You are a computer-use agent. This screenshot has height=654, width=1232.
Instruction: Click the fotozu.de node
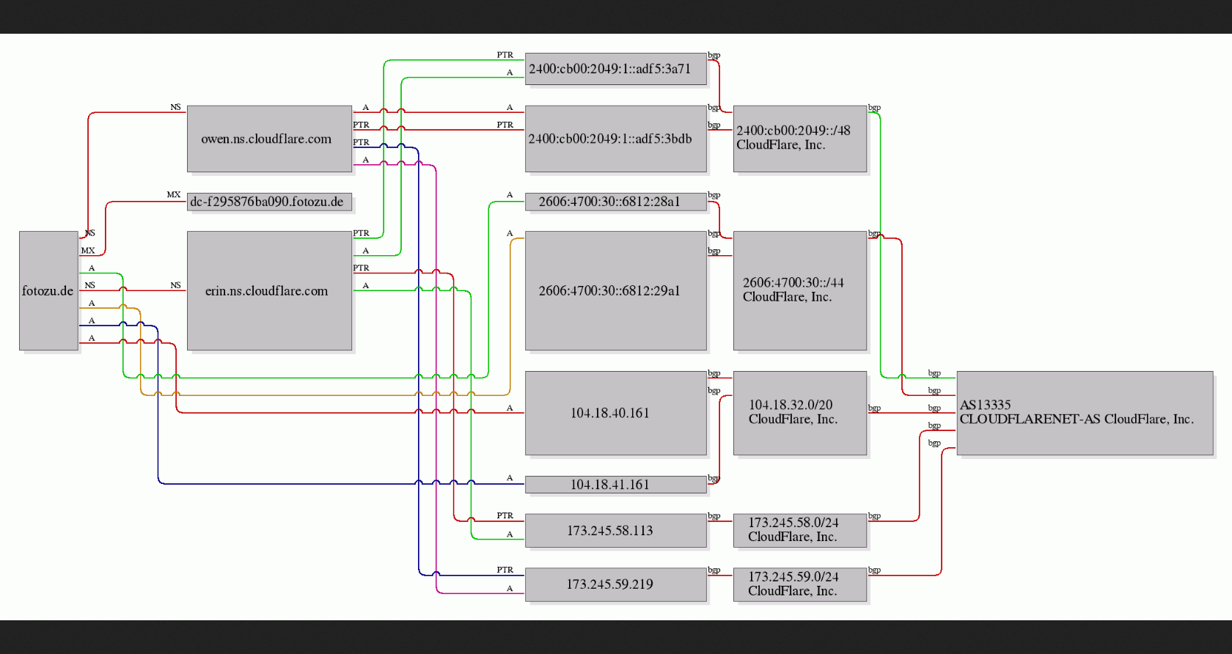pos(48,290)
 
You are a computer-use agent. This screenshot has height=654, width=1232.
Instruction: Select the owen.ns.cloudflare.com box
pos(270,139)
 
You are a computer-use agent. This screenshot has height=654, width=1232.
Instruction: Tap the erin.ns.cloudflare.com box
pos(270,290)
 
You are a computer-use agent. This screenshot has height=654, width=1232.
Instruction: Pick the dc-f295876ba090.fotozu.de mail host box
pos(270,202)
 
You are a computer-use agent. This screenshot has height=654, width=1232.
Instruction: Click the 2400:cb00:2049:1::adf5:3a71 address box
pos(616,69)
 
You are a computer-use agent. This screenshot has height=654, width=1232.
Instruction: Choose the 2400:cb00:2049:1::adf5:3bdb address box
pos(616,139)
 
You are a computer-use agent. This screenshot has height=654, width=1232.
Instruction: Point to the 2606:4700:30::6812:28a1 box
pos(616,202)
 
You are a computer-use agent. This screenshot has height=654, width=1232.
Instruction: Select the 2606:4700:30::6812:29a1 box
pos(616,290)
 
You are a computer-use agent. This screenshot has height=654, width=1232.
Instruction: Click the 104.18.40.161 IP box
pos(616,413)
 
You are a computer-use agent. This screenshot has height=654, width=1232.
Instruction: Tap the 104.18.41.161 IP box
pos(616,485)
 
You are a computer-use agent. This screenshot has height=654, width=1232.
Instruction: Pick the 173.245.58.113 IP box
pos(616,530)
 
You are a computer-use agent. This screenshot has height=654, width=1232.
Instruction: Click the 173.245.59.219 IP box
pos(616,584)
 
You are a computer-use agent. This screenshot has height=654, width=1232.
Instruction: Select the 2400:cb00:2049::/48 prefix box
pos(799,139)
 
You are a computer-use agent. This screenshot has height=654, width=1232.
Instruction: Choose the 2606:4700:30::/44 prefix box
pos(799,290)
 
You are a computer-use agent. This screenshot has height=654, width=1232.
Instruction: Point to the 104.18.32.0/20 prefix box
pos(799,413)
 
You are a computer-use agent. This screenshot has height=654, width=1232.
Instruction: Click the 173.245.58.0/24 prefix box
pos(799,530)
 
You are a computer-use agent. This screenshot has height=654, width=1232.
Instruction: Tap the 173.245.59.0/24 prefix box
pos(799,584)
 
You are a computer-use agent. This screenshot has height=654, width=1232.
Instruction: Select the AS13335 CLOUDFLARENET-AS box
pos(1085,413)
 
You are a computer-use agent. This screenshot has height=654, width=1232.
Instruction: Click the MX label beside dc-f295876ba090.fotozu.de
pos(174,194)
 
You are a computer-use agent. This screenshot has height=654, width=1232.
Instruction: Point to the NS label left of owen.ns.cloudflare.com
pos(175,107)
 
